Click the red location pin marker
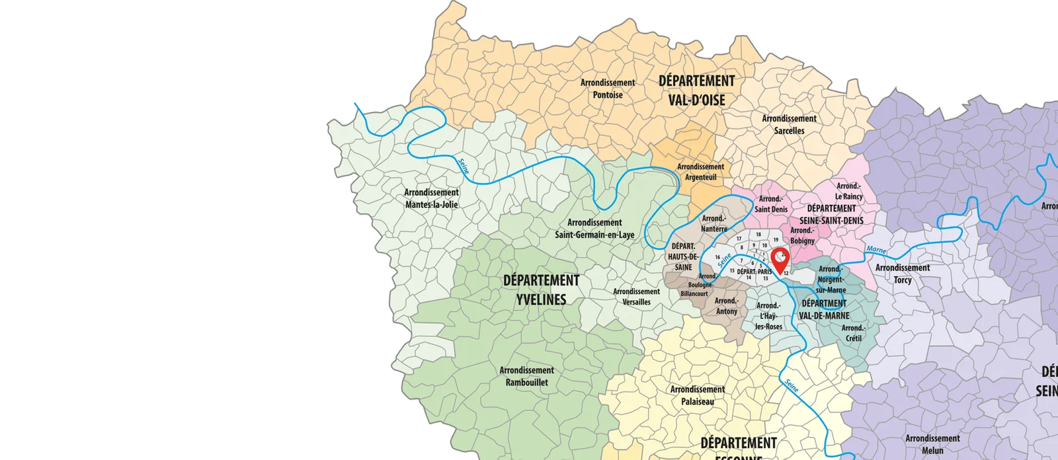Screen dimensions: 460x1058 (781, 259)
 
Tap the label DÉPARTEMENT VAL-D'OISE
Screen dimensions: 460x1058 (696, 91)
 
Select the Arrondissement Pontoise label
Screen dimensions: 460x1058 (608, 89)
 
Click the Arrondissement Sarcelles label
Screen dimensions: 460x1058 (789, 124)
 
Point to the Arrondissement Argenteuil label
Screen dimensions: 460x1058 (700, 172)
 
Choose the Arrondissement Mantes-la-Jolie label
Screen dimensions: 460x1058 (431, 198)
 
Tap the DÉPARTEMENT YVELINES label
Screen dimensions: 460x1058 (541, 289)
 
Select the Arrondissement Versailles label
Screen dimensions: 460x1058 (636, 296)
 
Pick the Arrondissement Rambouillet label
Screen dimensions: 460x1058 (526, 376)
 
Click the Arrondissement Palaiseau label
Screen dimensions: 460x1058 (697, 395)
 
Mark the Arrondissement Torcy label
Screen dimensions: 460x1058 (902, 274)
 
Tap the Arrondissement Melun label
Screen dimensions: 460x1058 (932, 444)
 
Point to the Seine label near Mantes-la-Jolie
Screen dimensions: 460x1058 (464, 166)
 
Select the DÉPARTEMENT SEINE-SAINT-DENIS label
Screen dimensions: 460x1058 (831, 214)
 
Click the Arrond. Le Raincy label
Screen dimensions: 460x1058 (848, 191)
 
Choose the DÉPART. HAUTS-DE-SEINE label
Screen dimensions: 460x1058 (683, 256)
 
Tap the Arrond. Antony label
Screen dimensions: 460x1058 (726, 306)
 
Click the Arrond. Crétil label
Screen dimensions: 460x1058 (853, 333)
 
